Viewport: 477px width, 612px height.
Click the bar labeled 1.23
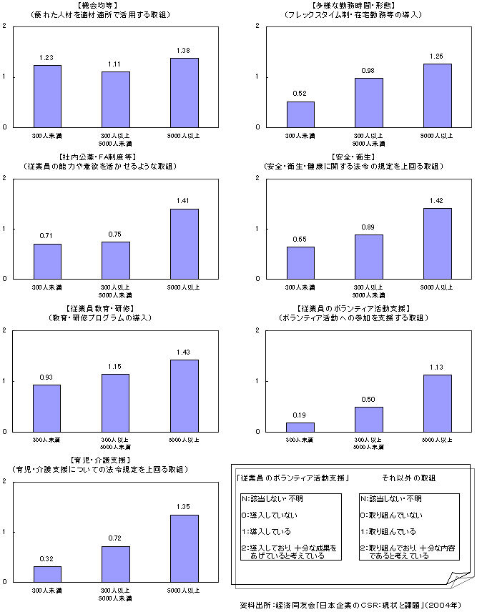[x=46, y=96]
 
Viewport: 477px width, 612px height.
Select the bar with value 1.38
[x=184, y=92]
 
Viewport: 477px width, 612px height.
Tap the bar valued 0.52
[x=300, y=114]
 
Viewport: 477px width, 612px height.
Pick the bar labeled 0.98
[x=369, y=102]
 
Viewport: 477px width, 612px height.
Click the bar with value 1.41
[x=184, y=244]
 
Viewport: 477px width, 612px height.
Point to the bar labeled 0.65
[x=300, y=262]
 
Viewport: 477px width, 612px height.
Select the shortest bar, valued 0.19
[x=300, y=427]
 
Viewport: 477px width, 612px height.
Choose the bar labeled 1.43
[x=184, y=395]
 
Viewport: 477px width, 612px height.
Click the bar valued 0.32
[x=46, y=574]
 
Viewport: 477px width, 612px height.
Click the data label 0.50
[x=369, y=399]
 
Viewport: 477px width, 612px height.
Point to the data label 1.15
[x=115, y=366]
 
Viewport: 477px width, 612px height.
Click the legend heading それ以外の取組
[x=408, y=478]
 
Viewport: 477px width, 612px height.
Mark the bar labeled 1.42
[x=438, y=243]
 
